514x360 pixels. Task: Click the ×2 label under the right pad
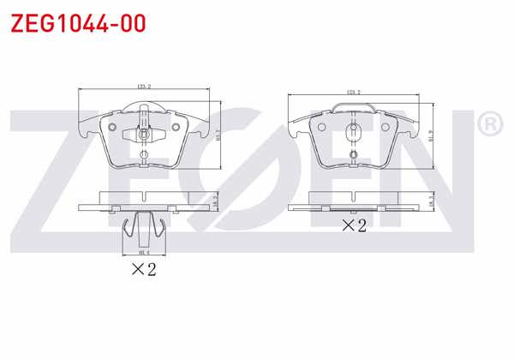pyautogui.click(x=354, y=225)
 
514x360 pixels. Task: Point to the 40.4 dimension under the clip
pyautogui.click(x=143, y=253)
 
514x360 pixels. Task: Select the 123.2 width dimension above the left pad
pyautogui.click(x=143, y=86)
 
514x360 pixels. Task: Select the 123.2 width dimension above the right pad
pyautogui.click(x=352, y=91)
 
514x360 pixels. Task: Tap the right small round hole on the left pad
pyautogui.click(x=176, y=129)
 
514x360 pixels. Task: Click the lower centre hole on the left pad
pyautogui.click(x=143, y=155)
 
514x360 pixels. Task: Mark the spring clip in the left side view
pyautogui.click(x=143, y=227)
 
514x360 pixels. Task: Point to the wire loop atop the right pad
pyautogui.click(x=352, y=107)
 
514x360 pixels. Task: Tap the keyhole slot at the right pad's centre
pyautogui.click(x=352, y=132)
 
